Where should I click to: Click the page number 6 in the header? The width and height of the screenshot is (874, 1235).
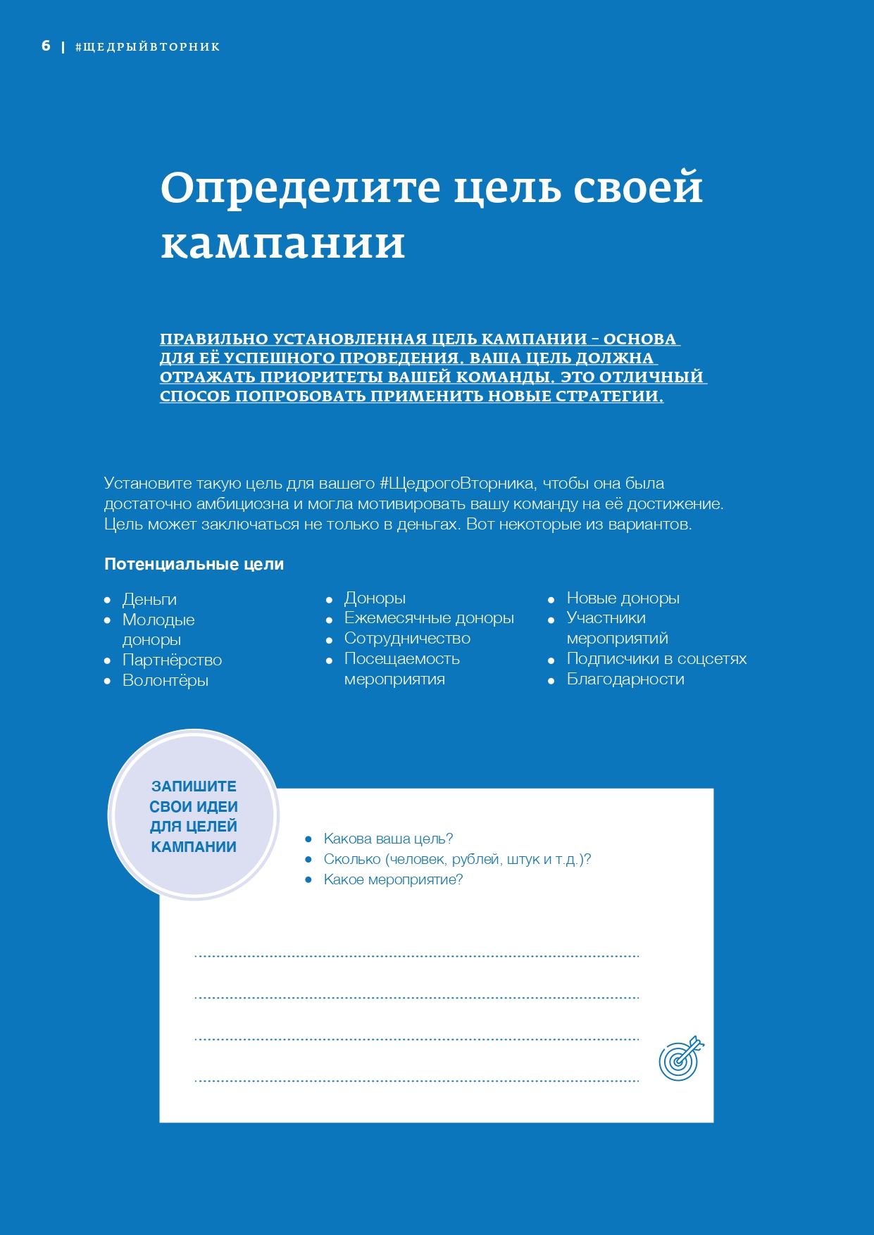pos(46,46)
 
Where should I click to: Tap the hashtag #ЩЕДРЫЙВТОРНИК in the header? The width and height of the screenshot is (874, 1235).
pos(148,47)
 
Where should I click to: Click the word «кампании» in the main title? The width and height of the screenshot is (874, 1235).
pos(283,244)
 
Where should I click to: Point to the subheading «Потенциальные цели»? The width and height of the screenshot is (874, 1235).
pos(194,564)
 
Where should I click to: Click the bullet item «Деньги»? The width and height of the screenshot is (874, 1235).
pos(149,599)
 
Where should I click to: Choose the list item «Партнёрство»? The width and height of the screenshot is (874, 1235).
pos(172,660)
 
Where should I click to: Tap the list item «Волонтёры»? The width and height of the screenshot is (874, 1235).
pos(166,680)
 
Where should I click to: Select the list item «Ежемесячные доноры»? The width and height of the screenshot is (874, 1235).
pos(429,617)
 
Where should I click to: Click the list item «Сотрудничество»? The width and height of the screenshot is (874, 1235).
pos(407,638)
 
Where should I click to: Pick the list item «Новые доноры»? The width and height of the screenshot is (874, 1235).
pos(623,598)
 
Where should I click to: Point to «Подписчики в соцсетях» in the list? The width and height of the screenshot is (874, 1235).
pos(656,658)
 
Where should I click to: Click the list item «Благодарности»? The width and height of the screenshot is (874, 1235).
pos(625,679)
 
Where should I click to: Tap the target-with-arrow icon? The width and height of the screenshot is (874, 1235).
pos(680,1058)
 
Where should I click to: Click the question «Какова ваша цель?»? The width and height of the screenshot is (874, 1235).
pos(388,839)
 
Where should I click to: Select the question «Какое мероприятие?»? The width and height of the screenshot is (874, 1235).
pos(393,879)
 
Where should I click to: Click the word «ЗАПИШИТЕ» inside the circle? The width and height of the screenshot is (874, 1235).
pos(194,786)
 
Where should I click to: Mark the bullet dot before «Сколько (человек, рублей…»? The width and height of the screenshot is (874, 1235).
pos(308,860)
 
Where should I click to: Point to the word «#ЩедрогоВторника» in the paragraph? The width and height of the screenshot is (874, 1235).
pos(457,484)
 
